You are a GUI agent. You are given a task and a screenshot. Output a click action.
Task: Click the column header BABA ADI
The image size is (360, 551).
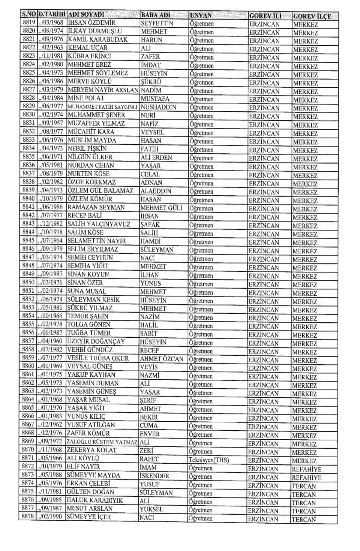(x=155, y=15)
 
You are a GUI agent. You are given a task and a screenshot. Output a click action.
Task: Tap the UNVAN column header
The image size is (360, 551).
(x=201, y=15)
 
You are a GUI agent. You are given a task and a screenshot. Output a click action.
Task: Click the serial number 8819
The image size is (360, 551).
(x=28, y=22)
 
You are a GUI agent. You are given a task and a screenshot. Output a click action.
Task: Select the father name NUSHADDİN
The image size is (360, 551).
(x=158, y=107)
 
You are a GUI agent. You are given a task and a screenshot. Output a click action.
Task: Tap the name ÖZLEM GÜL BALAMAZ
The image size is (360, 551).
(x=100, y=190)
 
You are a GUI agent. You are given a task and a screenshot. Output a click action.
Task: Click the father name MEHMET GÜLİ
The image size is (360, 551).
(x=161, y=208)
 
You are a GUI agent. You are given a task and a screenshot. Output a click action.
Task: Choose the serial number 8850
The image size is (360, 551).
(x=28, y=283)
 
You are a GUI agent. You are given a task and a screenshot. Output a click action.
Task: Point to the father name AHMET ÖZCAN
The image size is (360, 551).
(x=162, y=359)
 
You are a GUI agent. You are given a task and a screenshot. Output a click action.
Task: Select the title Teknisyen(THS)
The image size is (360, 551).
(x=208, y=460)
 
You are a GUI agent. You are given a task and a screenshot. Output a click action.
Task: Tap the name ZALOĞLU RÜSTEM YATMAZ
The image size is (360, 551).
(x=102, y=442)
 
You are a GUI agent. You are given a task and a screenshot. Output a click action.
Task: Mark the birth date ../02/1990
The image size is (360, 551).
(x=50, y=517)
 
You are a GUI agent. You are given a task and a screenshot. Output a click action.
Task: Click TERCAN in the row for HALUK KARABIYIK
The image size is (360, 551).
(x=304, y=503)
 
